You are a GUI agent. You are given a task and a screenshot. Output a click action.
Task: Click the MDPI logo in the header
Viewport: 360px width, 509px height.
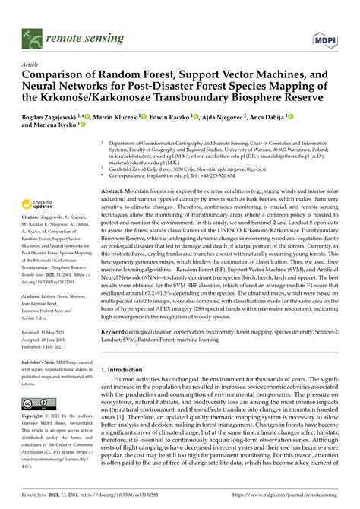pyautogui.click(x=326, y=37)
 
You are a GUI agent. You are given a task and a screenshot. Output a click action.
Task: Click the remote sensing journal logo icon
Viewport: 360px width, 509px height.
pyautogui.click(x=33, y=36)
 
